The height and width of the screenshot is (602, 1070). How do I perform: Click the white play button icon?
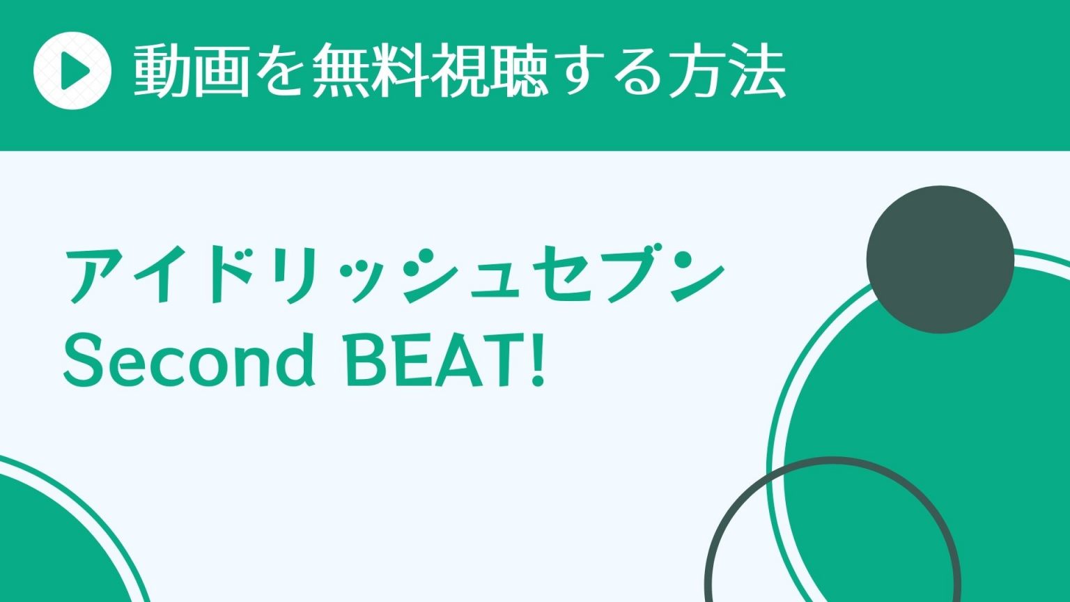pyautogui.click(x=72, y=70)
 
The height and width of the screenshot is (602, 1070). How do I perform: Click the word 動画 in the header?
pyautogui.click(x=192, y=70)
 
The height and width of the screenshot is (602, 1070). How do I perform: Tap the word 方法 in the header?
pyautogui.click(x=726, y=70)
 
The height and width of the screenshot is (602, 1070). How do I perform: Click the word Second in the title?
pyautogui.click(x=189, y=360)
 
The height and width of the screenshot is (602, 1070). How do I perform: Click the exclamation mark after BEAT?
pyautogui.click(x=538, y=360)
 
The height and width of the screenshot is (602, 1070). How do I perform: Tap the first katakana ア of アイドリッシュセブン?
pyautogui.click(x=95, y=276)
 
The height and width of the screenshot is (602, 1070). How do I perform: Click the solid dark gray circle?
pyautogui.click(x=940, y=259)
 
